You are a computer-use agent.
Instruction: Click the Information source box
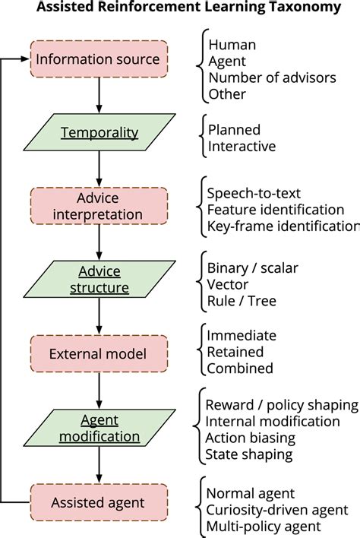99,59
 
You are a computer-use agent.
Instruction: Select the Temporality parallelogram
99,133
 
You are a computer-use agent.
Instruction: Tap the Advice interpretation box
99,207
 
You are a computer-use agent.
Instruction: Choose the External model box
99,354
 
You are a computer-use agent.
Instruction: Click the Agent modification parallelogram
99,428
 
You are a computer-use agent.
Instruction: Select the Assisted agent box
99,502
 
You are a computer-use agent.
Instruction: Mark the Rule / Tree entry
242,300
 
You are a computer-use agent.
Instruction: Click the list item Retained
235,353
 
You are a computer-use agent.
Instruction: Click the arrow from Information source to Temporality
99,96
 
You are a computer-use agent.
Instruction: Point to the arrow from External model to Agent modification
99,391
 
